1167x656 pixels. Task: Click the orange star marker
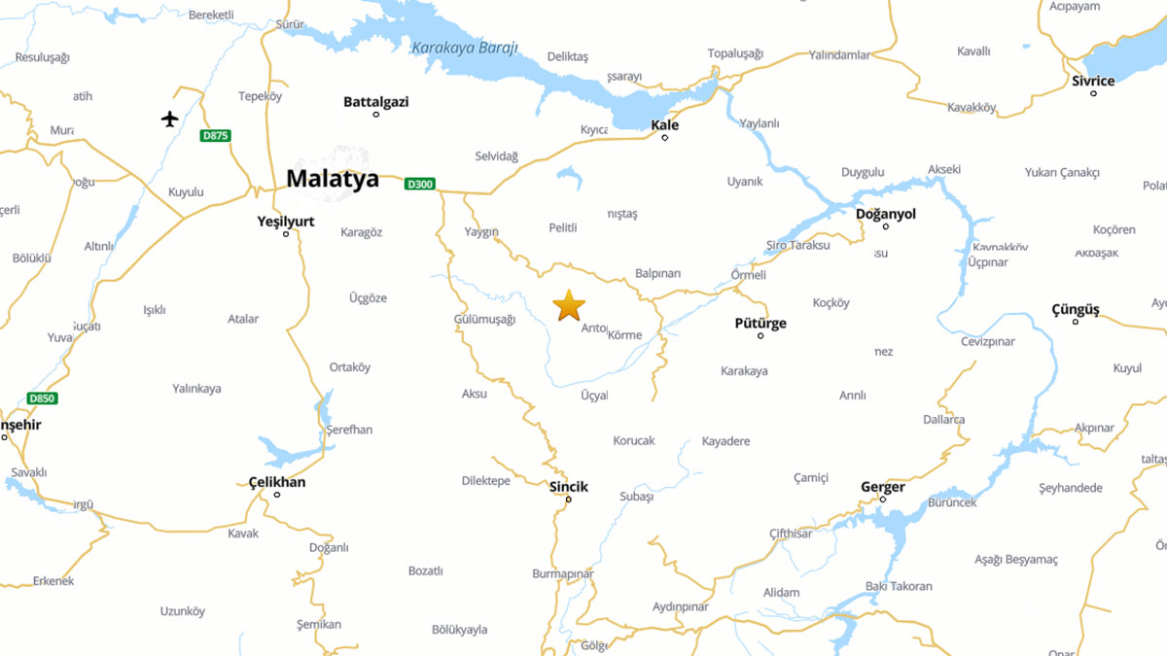coord(569,305)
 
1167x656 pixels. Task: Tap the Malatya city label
coord(333,179)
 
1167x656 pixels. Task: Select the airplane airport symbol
coord(170,119)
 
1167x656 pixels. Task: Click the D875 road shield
coord(216,136)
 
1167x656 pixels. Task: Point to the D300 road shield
coord(420,184)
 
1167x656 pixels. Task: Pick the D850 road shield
coord(42,398)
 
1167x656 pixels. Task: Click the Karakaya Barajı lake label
coord(465,48)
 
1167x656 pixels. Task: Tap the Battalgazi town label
coord(376,101)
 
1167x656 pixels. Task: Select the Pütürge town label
coord(760,324)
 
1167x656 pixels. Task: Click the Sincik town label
coord(569,487)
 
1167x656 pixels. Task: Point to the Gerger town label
coord(883,487)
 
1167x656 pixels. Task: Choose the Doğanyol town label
coord(885,214)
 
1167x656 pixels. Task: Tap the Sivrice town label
coord(1093,81)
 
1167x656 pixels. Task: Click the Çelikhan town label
coord(277,482)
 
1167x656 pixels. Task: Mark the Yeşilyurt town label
coord(286,222)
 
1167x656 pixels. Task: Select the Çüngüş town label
coord(1075,310)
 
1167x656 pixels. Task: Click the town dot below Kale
coord(665,138)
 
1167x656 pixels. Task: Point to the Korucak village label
coord(634,440)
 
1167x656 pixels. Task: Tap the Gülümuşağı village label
coord(484,320)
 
